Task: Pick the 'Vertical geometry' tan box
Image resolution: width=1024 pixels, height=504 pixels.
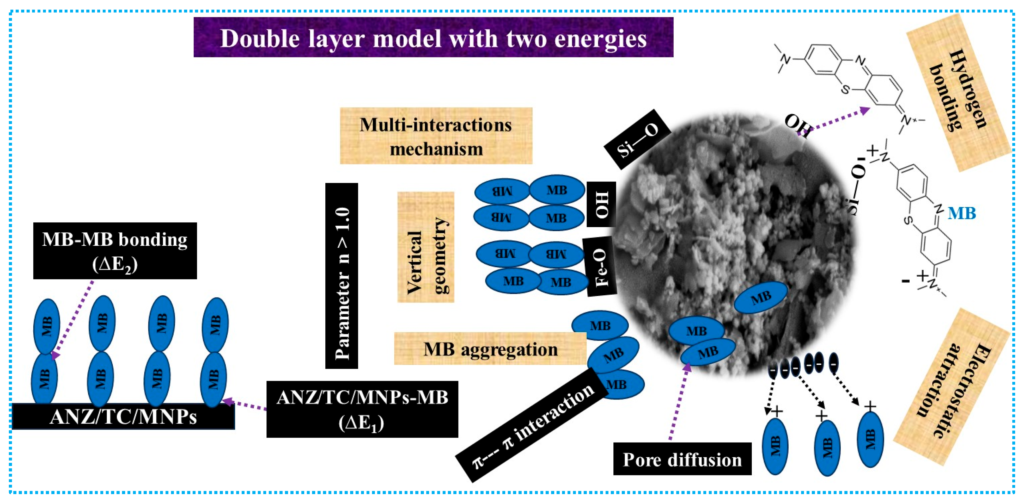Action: pyautogui.click(x=426, y=247)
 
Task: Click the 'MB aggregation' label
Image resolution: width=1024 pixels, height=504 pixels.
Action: pyautogui.click(x=490, y=349)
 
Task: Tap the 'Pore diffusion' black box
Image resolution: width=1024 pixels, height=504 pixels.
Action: pyautogui.click(x=682, y=459)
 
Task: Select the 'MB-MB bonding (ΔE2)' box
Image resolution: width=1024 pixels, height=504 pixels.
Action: pyautogui.click(x=115, y=251)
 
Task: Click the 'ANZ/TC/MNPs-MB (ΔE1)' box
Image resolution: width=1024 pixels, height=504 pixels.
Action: pyautogui.click(x=362, y=409)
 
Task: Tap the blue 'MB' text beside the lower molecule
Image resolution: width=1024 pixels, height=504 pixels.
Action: pyautogui.click(x=961, y=214)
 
